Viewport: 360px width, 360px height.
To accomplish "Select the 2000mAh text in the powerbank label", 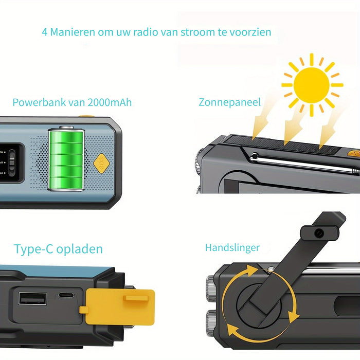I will click(110, 102).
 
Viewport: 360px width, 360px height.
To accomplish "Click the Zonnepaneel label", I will click(230, 102).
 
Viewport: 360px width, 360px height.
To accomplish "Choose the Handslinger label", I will click(232, 248).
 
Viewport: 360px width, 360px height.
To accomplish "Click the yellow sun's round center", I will click(312, 84).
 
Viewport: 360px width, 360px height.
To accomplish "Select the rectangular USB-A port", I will click(32, 299).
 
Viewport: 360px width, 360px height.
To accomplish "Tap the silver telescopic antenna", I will click(303, 163).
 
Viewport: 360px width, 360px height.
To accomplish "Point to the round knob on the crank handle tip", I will click(319, 233).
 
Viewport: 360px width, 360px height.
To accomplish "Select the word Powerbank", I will click(35, 102).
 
